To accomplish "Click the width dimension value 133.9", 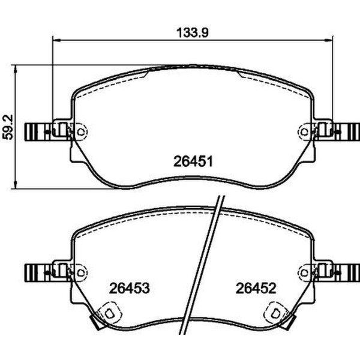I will tap(191, 34).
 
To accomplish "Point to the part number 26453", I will tap(128, 288).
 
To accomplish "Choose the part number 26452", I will tap(255, 288).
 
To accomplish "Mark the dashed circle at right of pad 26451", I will tap(304, 130).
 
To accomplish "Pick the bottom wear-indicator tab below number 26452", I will tap(275, 314).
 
